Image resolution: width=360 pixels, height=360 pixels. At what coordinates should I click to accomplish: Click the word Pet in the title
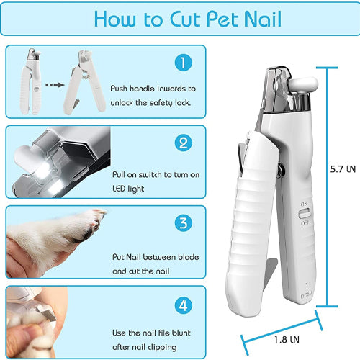[223, 19]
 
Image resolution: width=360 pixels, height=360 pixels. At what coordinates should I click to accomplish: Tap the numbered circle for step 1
[184, 63]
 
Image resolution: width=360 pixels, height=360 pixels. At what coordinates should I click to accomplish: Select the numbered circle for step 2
[184, 143]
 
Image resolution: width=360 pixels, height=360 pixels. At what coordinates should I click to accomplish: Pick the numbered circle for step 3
[184, 222]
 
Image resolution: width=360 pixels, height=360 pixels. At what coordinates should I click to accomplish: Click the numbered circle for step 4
[184, 305]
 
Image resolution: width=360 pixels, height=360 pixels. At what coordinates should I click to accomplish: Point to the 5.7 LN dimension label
[343, 169]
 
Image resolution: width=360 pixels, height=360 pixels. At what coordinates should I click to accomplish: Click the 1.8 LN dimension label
[287, 340]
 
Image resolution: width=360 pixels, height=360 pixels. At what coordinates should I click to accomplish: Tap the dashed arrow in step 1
[55, 85]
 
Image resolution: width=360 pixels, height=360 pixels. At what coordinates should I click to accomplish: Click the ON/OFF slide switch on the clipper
[305, 213]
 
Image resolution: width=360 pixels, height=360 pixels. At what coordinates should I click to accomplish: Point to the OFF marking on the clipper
[305, 223]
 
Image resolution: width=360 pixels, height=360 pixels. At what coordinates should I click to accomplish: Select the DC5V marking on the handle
[306, 295]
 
